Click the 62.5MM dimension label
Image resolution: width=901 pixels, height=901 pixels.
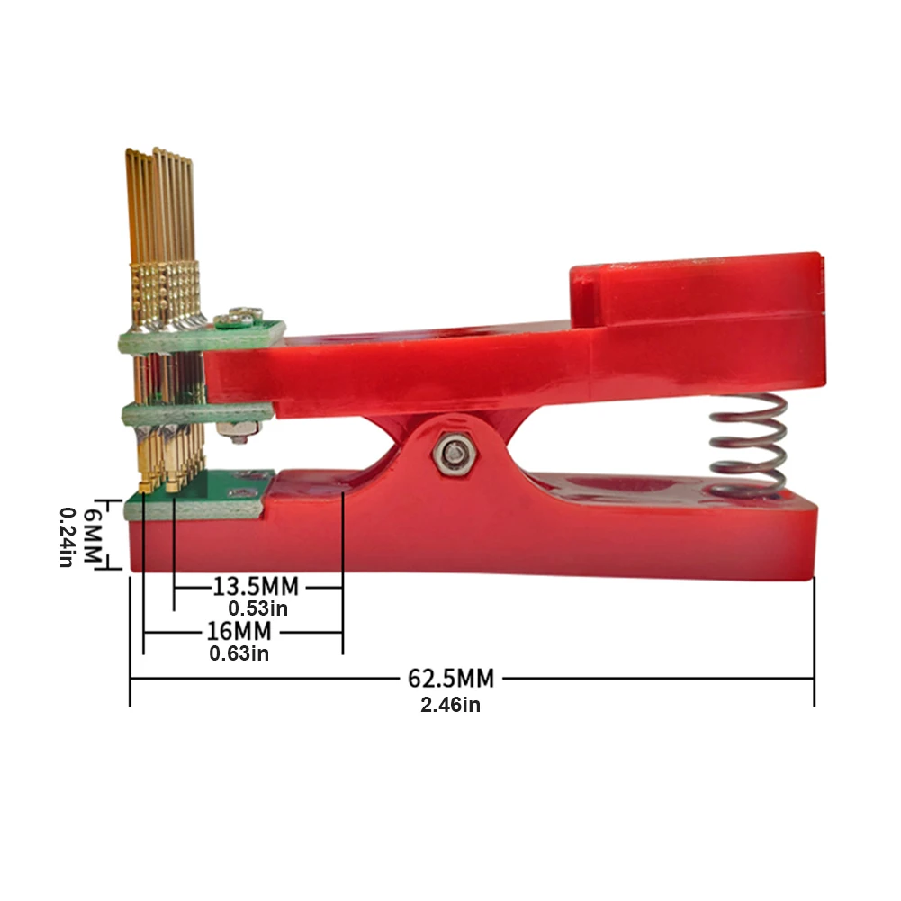click(x=450, y=678)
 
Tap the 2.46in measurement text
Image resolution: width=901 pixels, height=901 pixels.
click(x=450, y=705)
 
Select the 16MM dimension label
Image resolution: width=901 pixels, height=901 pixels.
click(x=239, y=631)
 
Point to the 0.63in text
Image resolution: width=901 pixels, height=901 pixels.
click(x=239, y=653)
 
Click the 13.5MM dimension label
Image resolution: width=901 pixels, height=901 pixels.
click(x=256, y=587)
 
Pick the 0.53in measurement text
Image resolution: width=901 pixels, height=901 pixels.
click(x=258, y=608)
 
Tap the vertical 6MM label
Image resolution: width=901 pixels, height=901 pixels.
click(x=93, y=536)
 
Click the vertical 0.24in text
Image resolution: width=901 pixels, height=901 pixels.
click(x=68, y=537)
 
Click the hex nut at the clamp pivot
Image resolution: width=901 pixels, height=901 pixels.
click(x=452, y=453)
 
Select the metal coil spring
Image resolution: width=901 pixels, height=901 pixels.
click(x=747, y=443)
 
